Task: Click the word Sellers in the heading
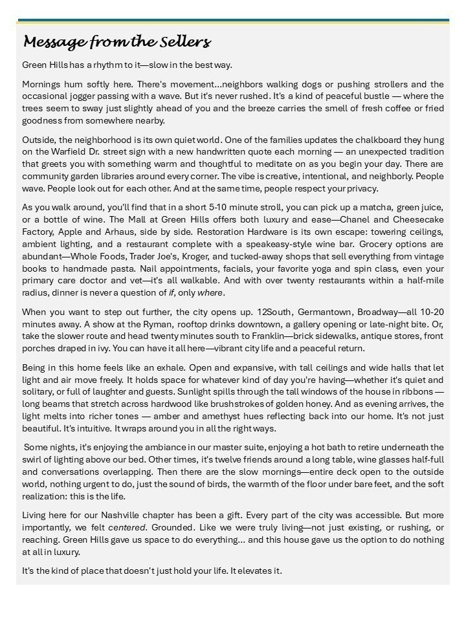(188, 43)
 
